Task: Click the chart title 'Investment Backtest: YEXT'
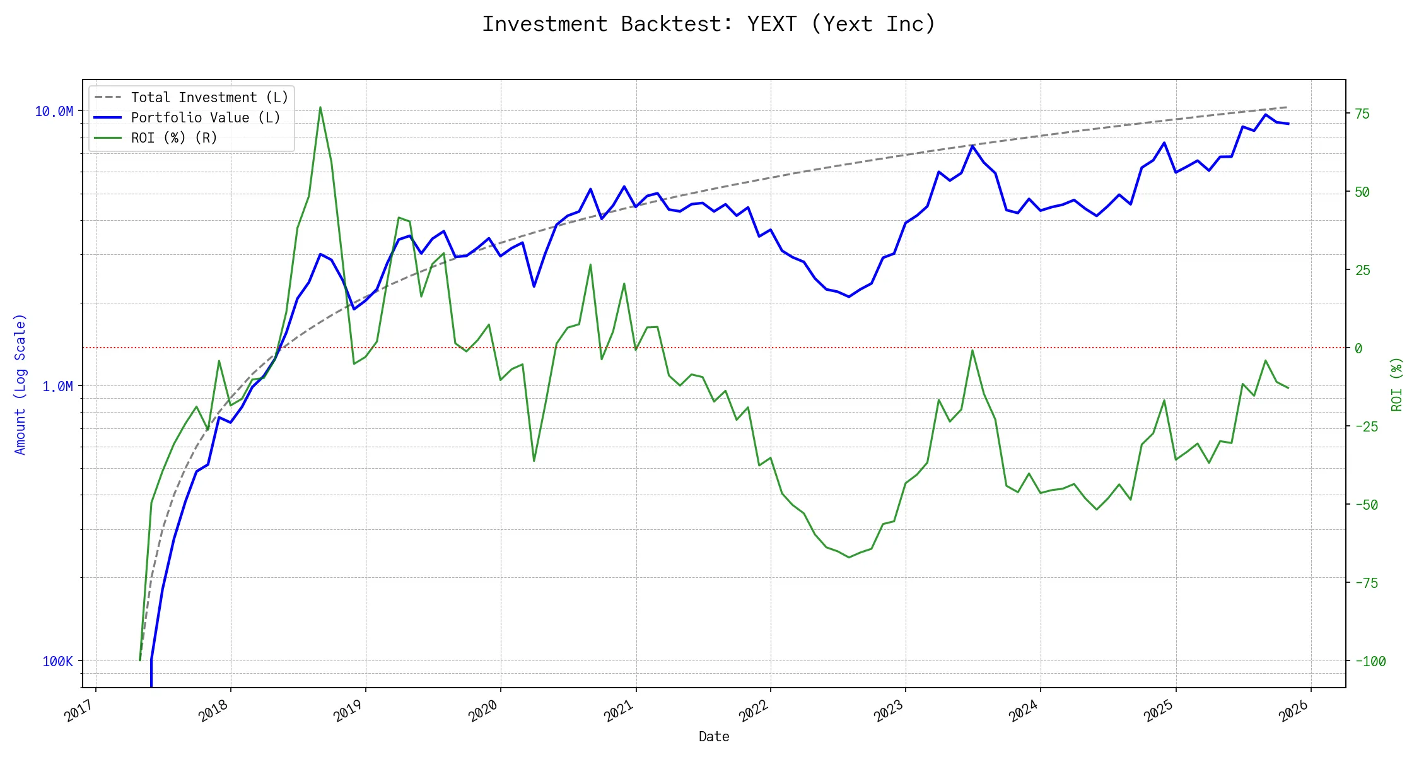(709, 24)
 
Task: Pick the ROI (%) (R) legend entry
(173, 138)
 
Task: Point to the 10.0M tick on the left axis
(54, 112)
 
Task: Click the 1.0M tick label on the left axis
(57, 386)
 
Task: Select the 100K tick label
(57, 661)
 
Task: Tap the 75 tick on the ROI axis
(1362, 114)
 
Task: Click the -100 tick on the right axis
(1370, 661)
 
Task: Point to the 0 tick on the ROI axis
(1358, 348)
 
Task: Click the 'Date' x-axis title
(714, 737)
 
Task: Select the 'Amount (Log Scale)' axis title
(20, 384)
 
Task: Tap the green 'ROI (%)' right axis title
(1397, 384)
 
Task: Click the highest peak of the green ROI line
(320, 107)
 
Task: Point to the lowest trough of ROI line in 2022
(849, 557)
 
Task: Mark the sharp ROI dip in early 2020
(534, 461)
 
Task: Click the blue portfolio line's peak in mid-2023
(972, 146)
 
